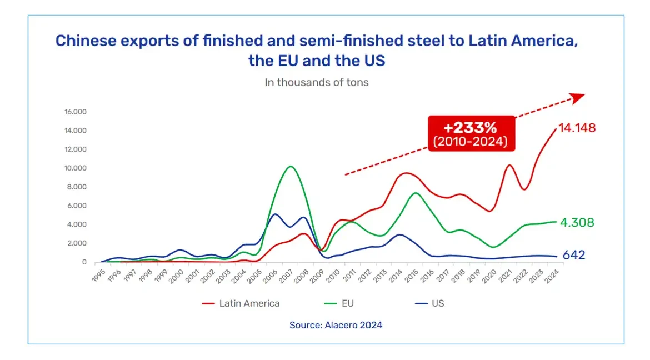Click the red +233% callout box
pyautogui.click(x=471, y=133)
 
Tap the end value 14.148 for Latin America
pyautogui.click(x=577, y=128)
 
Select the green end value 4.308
pyautogui.click(x=576, y=223)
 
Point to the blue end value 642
pyautogui.click(x=573, y=256)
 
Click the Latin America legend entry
pyautogui.click(x=249, y=303)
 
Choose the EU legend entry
pyautogui.click(x=348, y=303)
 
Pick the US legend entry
pyautogui.click(x=437, y=303)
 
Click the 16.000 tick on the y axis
pyautogui.click(x=76, y=112)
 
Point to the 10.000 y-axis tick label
pyautogui.click(x=76, y=168)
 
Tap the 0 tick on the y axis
pyautogui.click(x=84, y=262)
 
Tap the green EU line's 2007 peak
pyautogui.click(x=290, y=166)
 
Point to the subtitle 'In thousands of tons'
pyautogui.click(x=317, y=83)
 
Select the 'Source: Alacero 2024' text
pyautogui.click(x=336, y=326)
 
